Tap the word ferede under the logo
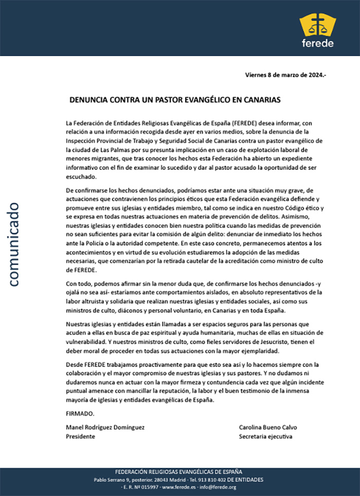pos(318,43)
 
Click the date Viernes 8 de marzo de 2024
pos(285,75)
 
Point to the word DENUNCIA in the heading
pos(88,100)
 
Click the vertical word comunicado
pos(13,243)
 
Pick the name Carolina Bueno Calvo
pos(268,427)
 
